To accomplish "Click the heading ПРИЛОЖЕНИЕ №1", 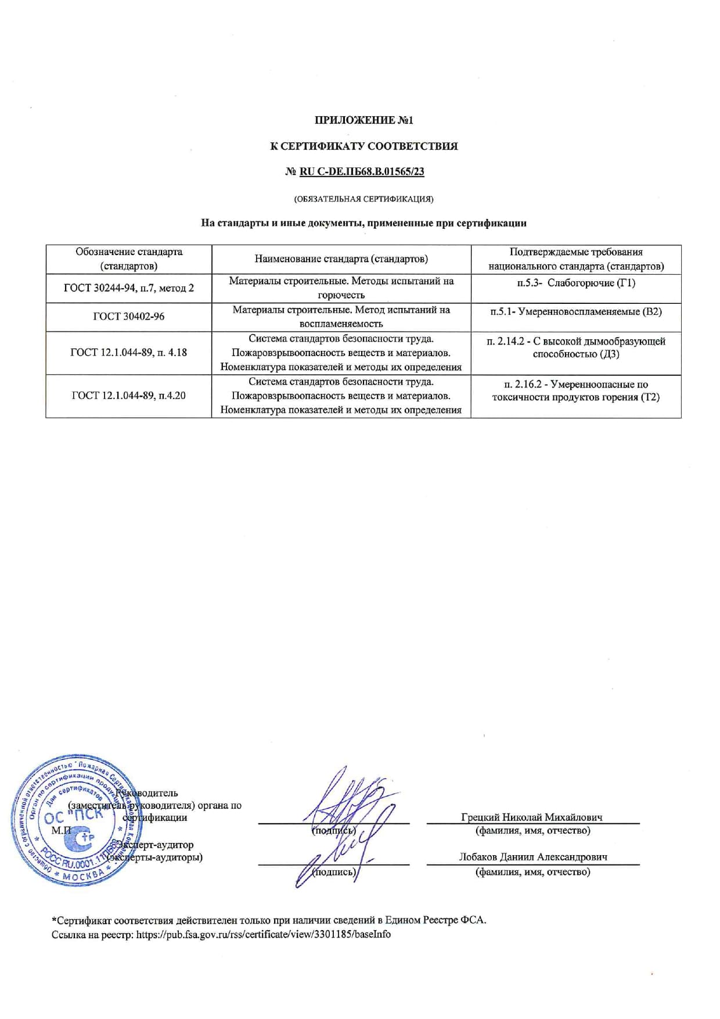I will point(363,120).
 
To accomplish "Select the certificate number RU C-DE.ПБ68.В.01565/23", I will point(362,171).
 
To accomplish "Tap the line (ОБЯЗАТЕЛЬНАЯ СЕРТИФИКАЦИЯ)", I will point(363,199).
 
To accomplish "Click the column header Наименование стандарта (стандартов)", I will point(341,259).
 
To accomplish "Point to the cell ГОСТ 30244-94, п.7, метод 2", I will point(128,288).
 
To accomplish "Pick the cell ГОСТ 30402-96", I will point(128,317).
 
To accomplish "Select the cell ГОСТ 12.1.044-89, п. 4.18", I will point(128,352).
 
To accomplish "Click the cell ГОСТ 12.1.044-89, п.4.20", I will point(128,396).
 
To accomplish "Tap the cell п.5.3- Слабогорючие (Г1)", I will point(575,283).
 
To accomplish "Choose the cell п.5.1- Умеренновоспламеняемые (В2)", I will point(575,311).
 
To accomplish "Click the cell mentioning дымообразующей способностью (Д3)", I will point(575,347).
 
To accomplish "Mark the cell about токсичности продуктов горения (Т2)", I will point(575,391).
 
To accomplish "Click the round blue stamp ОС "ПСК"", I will point(73,820).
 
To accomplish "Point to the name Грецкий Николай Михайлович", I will point(531,817).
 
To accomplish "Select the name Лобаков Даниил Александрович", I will point(532,857).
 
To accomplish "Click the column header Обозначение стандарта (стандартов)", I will point(128,259).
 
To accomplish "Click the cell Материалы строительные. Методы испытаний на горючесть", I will point(341,288).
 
